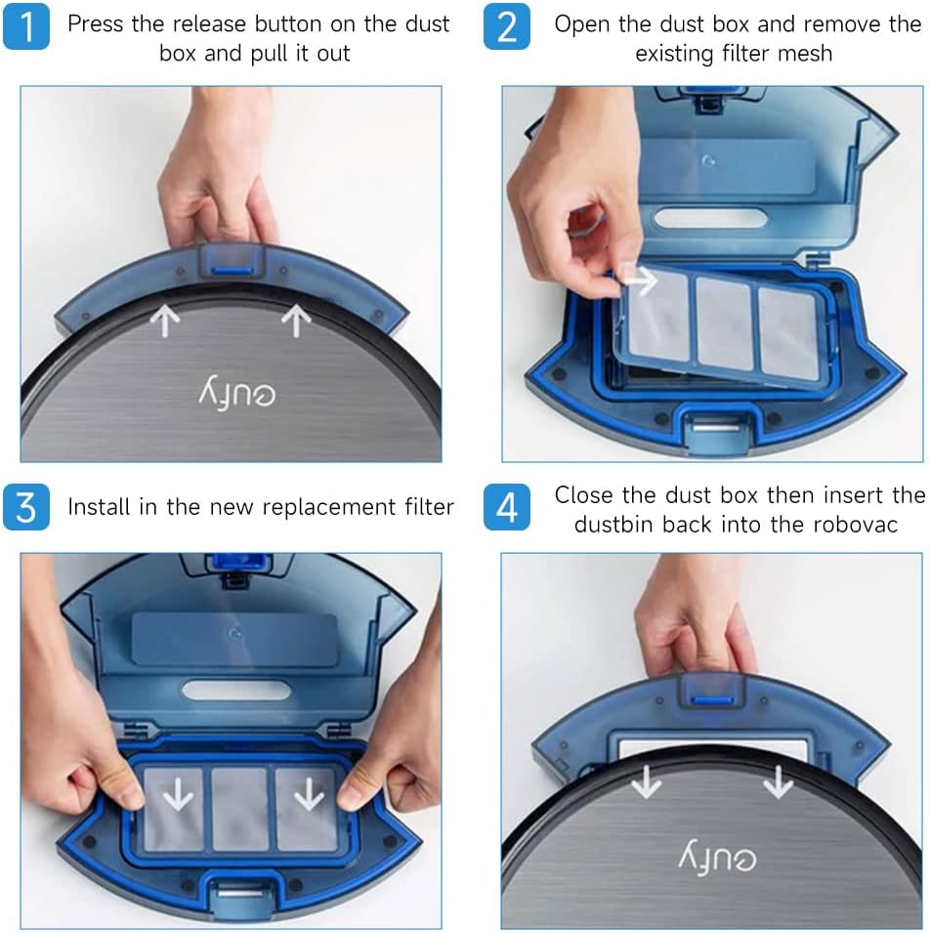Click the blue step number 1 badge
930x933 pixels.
pyautogui.click(x=26, y=26)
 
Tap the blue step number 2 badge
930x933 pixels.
pyautogui.click(x=506, y=26)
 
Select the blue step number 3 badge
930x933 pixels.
pyautogui.click(x=26, y=507)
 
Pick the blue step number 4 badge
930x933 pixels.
pyautogui.click(x=506, y=507)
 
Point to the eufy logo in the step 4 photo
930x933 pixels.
pyautogui.click(x=717, y=856)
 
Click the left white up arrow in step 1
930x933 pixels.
pyautogui.click(x=165, y=321)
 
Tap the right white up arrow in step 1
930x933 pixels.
pyautogui.click(x=296, y=321)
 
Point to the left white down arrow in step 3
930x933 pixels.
pyautogui.click(x=178, y=792)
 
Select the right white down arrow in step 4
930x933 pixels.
pyautogui.click(x=779, y=781)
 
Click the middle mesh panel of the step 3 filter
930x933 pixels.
pyautogui.click(x=239, y=809)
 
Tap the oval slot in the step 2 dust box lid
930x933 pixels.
pyautogui.click(x=709, y=218)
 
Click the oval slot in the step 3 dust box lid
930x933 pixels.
pyautogui.click(x=236, y=690)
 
